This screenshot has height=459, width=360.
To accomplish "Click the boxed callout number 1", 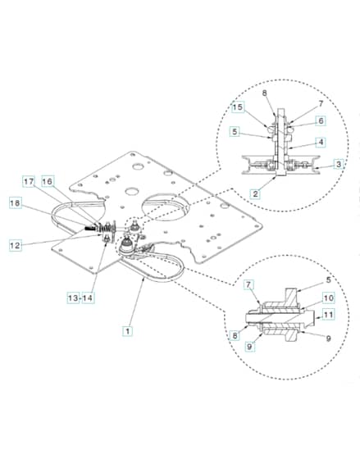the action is click(127, 331).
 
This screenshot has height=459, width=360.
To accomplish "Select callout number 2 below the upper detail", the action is click(255, 193).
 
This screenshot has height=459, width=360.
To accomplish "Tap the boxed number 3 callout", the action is click(339, 164).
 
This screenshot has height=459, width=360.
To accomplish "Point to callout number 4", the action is click(321, 143).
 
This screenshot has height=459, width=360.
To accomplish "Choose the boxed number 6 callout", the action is click(321, 121).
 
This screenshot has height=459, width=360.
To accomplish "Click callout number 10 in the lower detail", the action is click(329, 298).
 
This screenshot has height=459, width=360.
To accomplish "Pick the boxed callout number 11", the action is click(329, 315).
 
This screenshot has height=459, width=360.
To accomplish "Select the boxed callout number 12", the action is click(16, 245).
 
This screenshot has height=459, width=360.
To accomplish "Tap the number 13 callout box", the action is click(73, 298).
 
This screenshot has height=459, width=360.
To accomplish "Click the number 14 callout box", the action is click(88, 298).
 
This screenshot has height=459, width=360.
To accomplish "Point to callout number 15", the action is click(238, 107).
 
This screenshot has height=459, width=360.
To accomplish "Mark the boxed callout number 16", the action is click(48, 181).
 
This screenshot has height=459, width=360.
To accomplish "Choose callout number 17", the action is click(29, 181).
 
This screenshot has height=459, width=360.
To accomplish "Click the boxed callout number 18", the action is click(16, 203).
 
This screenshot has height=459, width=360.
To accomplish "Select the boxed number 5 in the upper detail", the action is click(235, 132).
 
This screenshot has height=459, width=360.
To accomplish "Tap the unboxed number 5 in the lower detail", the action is click(328, 279).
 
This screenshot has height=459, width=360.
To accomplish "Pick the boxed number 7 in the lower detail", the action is click(248, 284).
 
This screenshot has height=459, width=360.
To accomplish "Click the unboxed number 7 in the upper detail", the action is click(321, 103).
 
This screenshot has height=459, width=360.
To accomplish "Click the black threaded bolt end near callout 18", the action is click(89, 229).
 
